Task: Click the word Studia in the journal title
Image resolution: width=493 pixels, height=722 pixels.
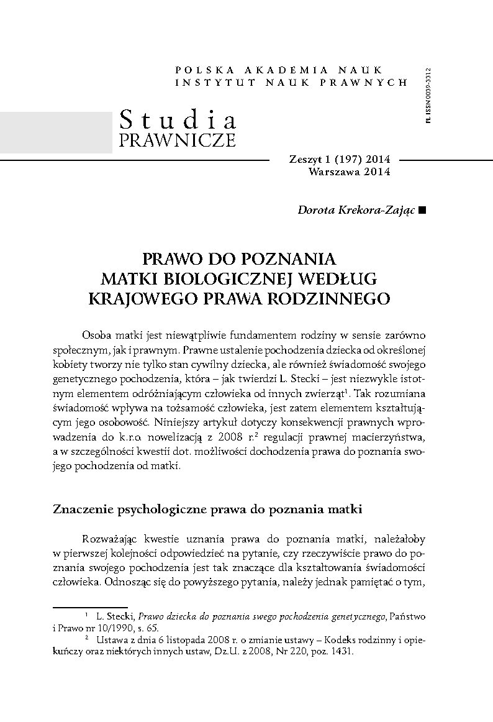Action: point(176,119)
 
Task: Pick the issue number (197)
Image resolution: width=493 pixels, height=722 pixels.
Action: point(339,160)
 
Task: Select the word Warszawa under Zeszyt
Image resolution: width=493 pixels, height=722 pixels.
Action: point(334,172)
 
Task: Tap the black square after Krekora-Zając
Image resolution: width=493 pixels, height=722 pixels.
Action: point(422,211)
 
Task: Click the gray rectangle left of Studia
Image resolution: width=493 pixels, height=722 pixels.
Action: point(56,132)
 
